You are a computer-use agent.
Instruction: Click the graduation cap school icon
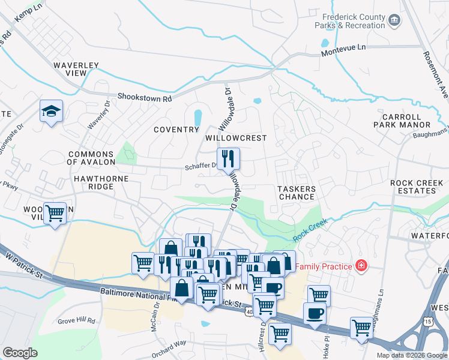(52, 111)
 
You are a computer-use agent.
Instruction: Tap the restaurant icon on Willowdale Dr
(228, 159)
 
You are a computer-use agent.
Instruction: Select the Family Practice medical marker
(361, 264)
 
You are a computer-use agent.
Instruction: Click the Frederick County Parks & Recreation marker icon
(394, 21)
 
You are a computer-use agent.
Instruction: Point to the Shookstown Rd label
(145, 97)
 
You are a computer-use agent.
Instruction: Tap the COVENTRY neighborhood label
(176, 130)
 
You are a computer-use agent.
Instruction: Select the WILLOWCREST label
(236, 137)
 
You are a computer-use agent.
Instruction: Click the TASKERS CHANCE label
(297, 193)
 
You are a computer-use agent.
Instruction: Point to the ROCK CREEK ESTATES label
(413, 187)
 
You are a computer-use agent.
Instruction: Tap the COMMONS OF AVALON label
(91, 158)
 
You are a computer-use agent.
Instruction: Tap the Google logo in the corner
(20, 353)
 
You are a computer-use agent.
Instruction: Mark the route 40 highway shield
(249, 311)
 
